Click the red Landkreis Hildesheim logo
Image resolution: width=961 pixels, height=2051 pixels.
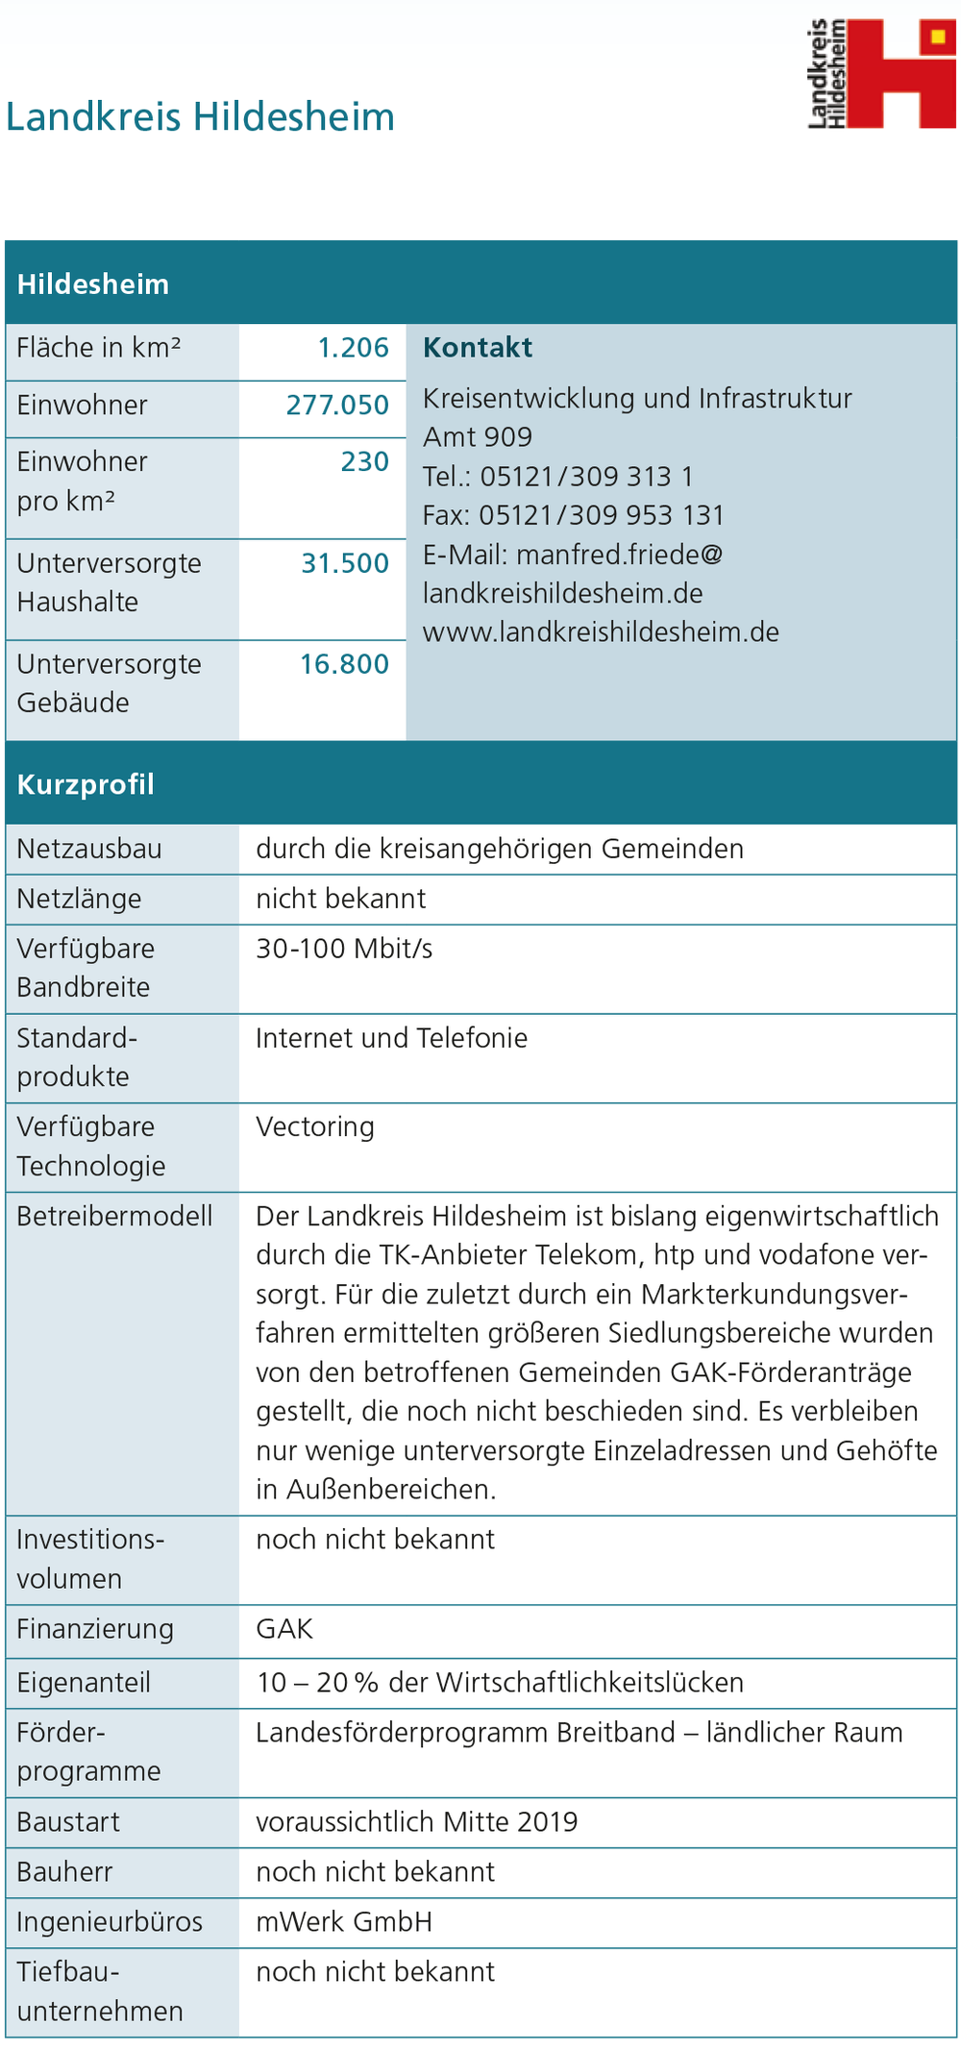(881, 73)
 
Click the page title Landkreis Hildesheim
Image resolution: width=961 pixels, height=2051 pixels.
(200, 117)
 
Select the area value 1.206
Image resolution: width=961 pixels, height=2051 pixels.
(353, 347)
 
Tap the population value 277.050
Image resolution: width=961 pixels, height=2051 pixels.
(337, 405)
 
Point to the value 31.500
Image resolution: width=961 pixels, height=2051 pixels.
(345, 563)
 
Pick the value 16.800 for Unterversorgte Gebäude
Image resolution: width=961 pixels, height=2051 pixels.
(344, 664)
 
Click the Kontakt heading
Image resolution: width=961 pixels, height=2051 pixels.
(478, 348)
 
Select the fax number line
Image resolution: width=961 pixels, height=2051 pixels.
(574, 515)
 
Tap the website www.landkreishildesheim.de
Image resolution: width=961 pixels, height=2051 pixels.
(601, 632)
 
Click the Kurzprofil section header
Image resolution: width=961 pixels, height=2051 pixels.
(86, 784)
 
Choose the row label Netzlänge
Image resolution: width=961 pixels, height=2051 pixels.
(79, 899)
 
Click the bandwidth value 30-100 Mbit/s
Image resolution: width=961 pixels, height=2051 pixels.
(344, 949)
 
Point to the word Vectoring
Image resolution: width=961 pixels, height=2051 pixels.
(315, 1126)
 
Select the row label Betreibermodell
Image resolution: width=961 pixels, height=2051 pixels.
(114, 1216)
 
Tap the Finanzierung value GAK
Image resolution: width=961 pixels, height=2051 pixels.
(284, 1629)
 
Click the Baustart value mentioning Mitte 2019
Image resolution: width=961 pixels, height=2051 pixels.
(417, 1822)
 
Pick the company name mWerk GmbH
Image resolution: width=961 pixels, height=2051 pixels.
(344, 1922)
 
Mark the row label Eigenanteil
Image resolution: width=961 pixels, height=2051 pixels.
(84, 1683)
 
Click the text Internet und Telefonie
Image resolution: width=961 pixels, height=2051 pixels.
(392, 1038)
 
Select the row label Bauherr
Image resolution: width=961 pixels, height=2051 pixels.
(64, 1872)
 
